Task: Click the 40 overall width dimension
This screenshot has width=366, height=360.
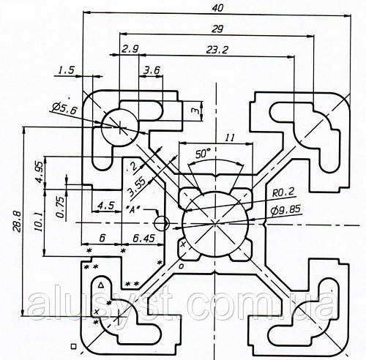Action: point(217,8)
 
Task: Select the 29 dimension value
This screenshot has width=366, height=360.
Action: point(217,29)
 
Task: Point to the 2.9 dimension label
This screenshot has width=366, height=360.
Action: point(130,49)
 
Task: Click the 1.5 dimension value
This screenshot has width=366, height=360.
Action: point(66,70)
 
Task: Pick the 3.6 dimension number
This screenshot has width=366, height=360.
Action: point(152,71)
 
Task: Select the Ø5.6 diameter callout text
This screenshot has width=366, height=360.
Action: point(64,109)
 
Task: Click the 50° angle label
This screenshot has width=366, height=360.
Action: point(203,154)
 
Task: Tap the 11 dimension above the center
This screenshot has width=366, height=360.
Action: point(229,138)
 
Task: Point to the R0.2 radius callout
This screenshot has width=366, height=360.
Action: point(283,192)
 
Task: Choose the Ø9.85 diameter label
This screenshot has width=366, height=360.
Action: point(285,210)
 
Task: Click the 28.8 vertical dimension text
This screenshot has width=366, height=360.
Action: point(18,221)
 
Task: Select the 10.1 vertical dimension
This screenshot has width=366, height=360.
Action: point(39,222)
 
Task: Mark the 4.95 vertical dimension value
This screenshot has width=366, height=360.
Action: point(40,172)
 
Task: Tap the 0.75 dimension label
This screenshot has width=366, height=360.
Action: point(60,207)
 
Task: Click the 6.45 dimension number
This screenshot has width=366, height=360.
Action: point(144,238)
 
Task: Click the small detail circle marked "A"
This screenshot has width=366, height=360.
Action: point(162,224)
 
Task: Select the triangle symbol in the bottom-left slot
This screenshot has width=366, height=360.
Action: point(100,285)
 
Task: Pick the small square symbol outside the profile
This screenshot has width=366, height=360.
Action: point(73,346)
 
